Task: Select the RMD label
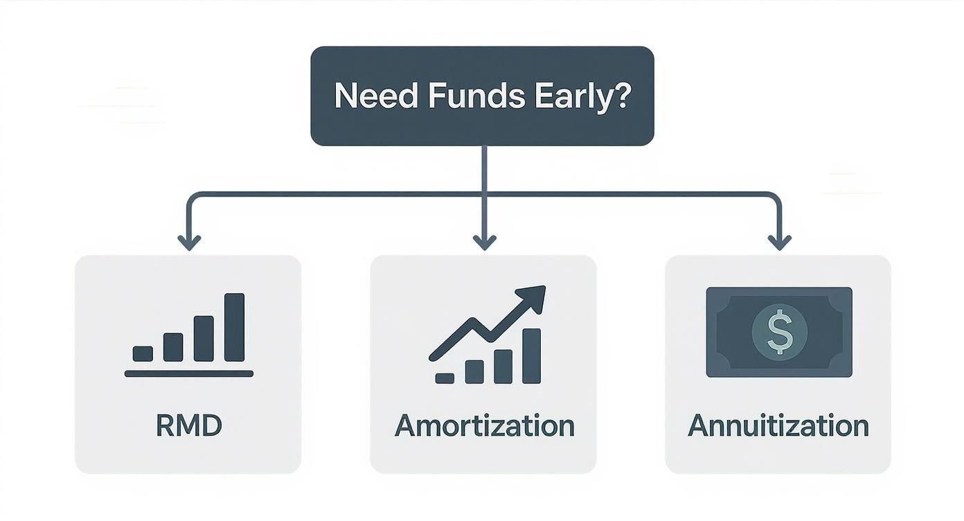(x=188, y=426)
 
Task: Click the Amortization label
(x=484, y=426)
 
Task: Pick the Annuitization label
(x=778, y=426)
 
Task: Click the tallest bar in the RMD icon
(x=235, y=327)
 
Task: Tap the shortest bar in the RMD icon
(x=143, y=353)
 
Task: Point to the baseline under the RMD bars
(x=188, y=373)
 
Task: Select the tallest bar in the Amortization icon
(x=532, y=355)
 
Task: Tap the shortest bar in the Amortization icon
(x=445, y=378)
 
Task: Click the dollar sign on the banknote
(x=779, y=332)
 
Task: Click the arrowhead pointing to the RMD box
(x=189, y=242)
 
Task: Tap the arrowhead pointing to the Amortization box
(x=484, y=242)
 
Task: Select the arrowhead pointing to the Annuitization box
(x=779, y=242)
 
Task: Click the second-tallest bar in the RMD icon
(x=204, y=338)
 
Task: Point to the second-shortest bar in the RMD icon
(x=173, y=346)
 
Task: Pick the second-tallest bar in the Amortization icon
(x=503, y=367)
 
